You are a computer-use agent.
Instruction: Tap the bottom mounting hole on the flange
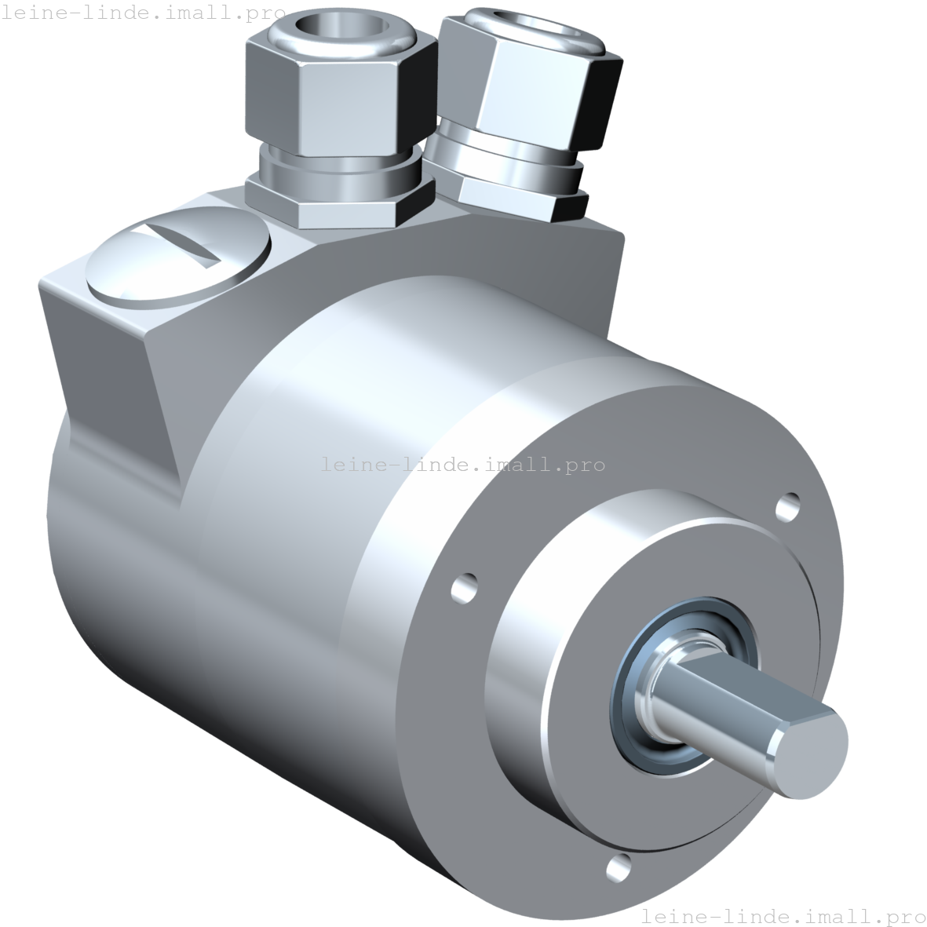click(x=619, y=866)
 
